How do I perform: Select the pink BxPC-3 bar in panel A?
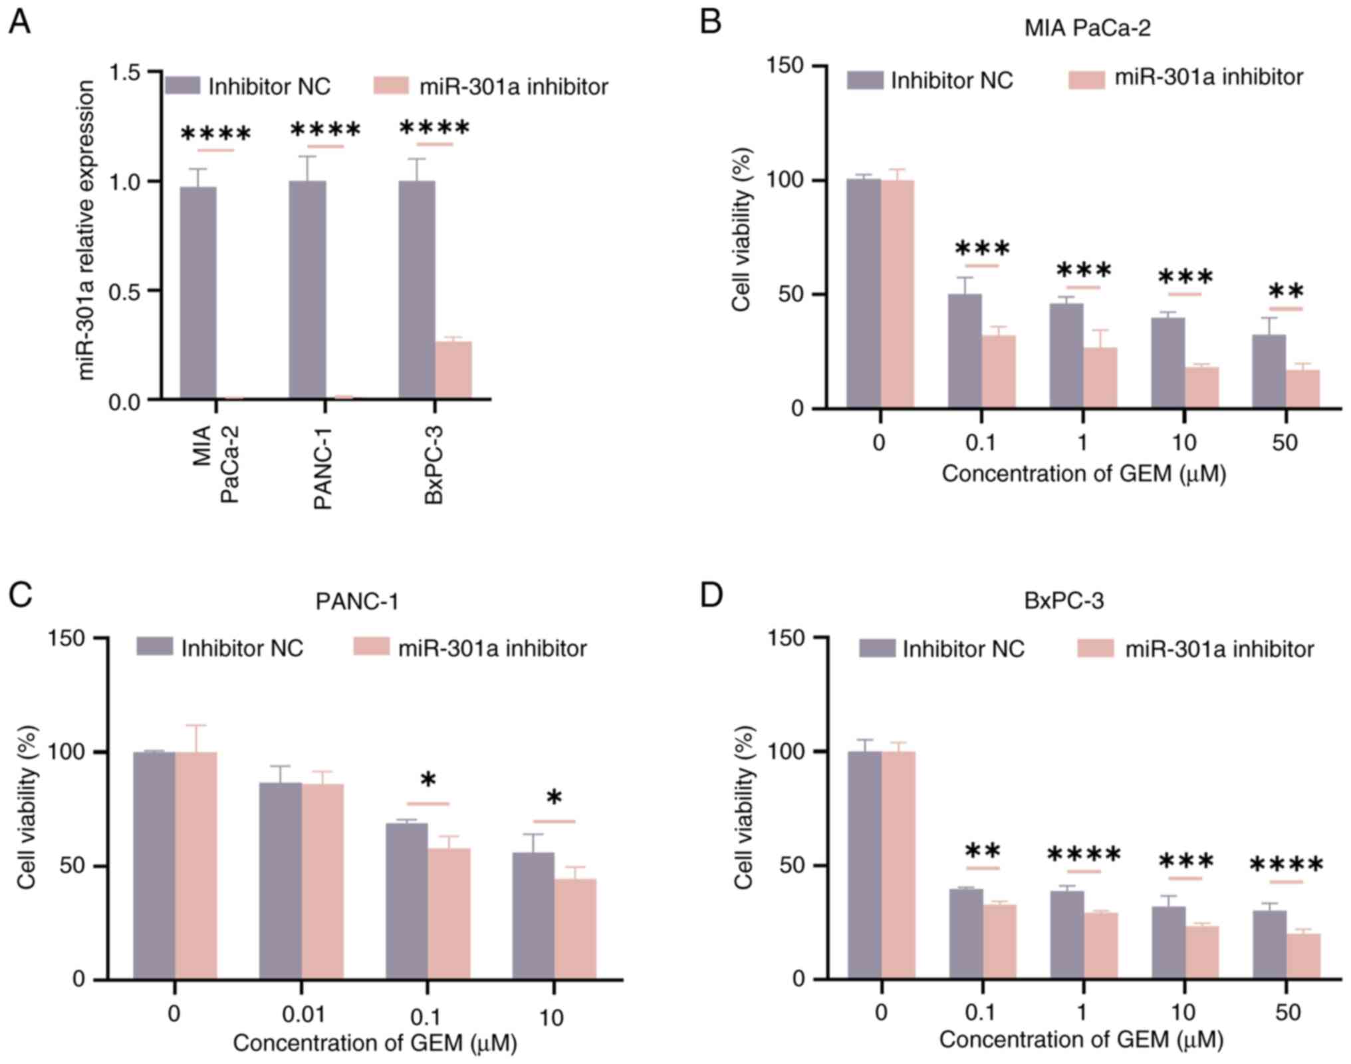(453, 370)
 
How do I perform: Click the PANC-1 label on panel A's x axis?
(323, 468)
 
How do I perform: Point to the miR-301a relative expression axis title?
(86, 230)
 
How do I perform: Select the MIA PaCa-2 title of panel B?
(1087, 28)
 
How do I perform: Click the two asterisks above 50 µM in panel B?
(1286, 291)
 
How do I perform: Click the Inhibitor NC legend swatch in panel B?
(865, 81)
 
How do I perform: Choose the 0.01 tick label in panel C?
(303, 1014)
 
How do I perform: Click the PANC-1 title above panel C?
(357, 602)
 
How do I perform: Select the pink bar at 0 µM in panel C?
(196, 865)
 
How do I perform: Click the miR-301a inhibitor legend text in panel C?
(492, 648)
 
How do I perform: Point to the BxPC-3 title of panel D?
(1064, 601)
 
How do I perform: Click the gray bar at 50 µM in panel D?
(1269, 944)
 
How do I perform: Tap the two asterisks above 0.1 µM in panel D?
(983, 851)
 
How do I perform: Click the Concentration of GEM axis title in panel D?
(1081, 1039)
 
